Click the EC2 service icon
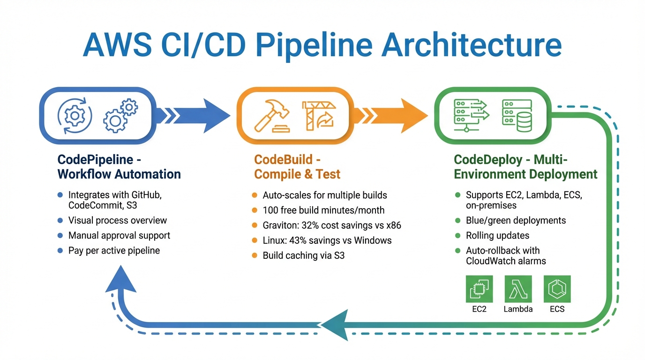coord(479,289)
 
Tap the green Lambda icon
coord(518,289)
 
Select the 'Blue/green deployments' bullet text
coord(516,220)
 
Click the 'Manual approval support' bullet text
coord(119,235)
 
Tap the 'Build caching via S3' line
coord(303,255)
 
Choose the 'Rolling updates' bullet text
coord(497,235)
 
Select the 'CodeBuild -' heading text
coord(287,159)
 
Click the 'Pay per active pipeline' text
coord(114,250)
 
